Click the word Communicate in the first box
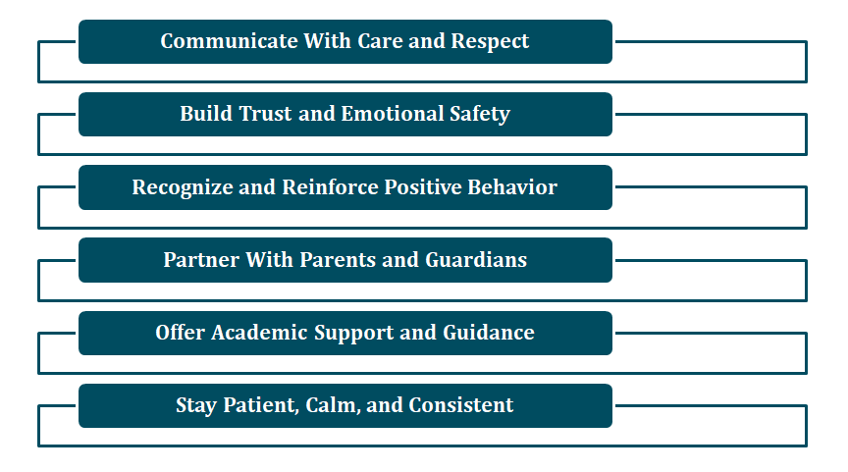229,41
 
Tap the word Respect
490,42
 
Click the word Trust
266,114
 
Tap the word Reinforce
331,187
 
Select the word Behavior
512,187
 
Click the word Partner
201,260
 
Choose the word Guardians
476,260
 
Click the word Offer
180,333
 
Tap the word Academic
259,333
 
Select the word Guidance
489,333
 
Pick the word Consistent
460,405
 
